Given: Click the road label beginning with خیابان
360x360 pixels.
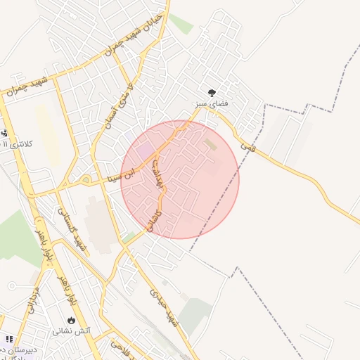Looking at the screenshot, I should point(133,34).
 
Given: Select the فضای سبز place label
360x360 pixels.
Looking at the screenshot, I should point(212,104).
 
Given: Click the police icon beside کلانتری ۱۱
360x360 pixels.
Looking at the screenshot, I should point(5,133).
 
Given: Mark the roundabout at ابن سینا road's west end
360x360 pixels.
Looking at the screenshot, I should point(86,180).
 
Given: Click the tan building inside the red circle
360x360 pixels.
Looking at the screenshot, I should point(211,145).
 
